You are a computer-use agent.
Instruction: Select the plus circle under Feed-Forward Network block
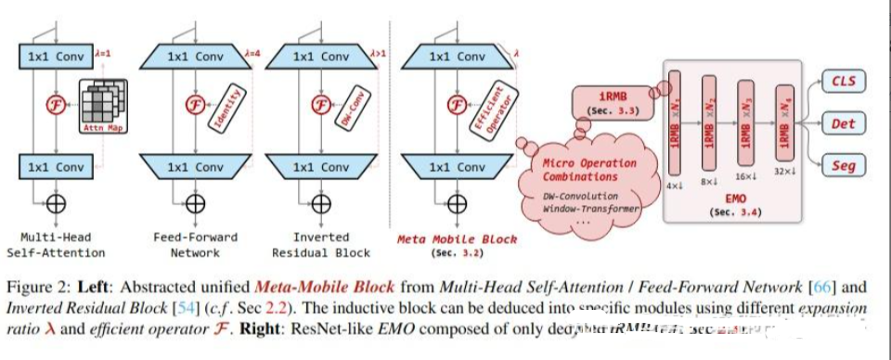194,203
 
